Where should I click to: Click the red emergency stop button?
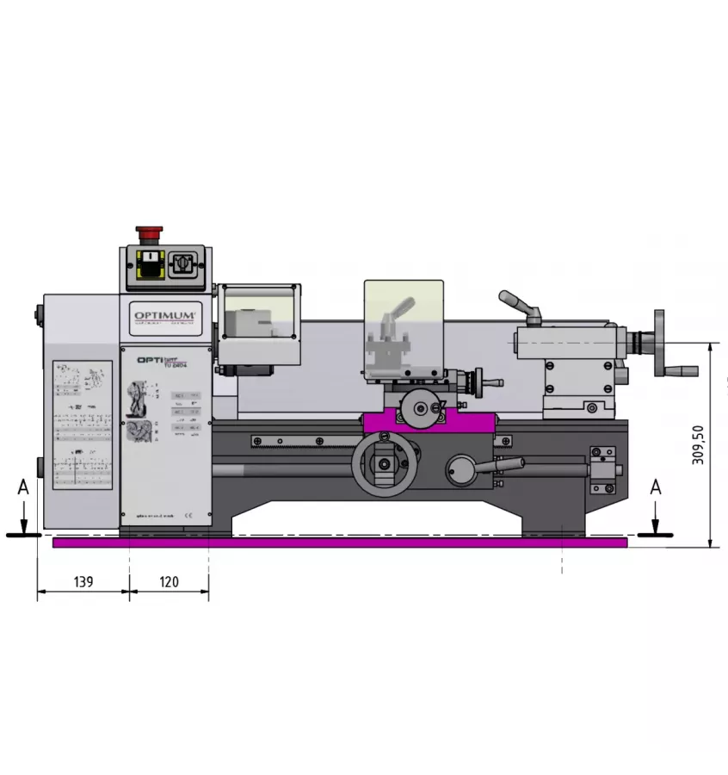coord(148,232)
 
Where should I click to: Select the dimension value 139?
coord(83,581)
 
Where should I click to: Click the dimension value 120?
coord(170,581)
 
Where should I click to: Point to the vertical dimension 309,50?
coord(699,444)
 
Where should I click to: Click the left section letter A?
coord(23,487)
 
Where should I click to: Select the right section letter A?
coord(656,487)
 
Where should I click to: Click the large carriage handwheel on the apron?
coord(382,464)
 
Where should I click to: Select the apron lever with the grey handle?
coord(482,468)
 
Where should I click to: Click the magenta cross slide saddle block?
coord(429,422)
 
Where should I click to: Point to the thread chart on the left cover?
coord(83,425)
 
